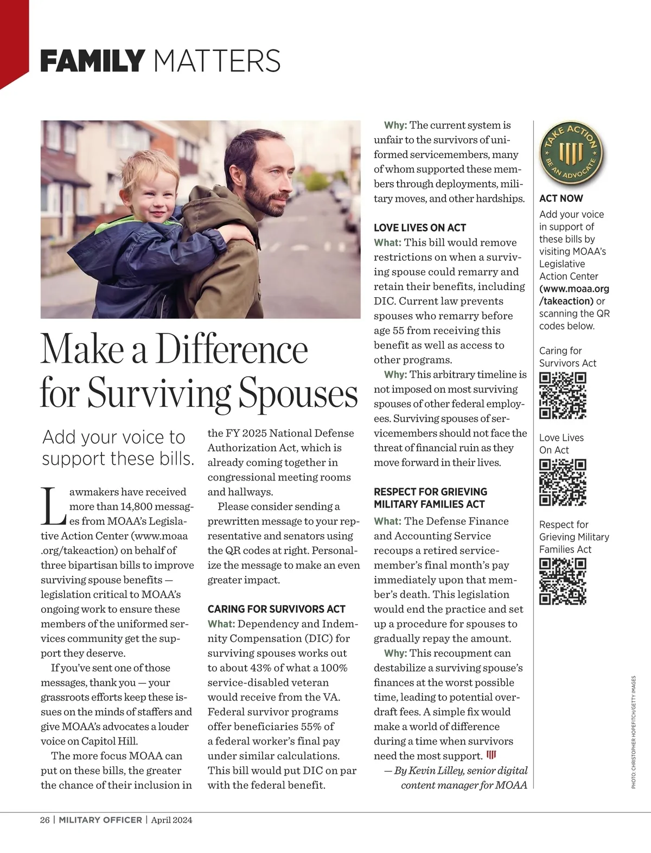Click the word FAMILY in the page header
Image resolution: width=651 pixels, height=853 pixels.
[x=92, y=61]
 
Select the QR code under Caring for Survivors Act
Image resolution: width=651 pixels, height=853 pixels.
[x=563, y=395]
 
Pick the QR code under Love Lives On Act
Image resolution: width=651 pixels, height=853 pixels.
[x=563, y=482]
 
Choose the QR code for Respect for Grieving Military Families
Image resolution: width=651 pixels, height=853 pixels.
[x=563, y=581]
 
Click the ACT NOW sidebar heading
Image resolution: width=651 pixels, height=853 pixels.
[x=561, y=198]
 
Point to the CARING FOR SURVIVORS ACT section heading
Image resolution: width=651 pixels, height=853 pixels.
[x=276, y=609]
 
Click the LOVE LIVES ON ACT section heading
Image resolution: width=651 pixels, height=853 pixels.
[x=420, y=228]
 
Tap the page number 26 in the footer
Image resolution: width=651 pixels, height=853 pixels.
[x=44, y=820]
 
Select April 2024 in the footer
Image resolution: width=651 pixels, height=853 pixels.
[x=171, y=820]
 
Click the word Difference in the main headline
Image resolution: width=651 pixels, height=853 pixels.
[x=232, y=350]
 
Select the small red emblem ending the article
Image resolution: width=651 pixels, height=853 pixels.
[x=492, y=755]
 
